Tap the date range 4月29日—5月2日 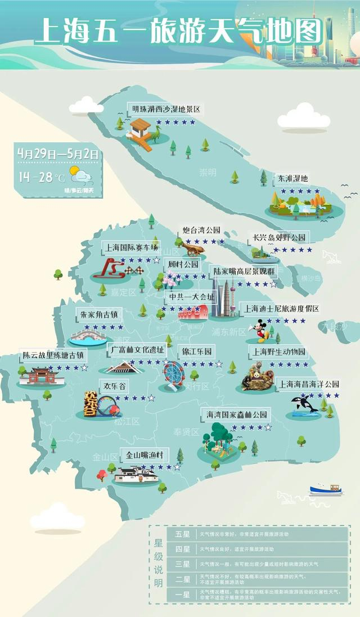(x=58, y=154)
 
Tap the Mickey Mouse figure (x=261, y=331)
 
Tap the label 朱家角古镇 (x=99, y=314)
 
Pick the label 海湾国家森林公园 (x=236, y=415)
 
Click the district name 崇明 (x=208, y=172)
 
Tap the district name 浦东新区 (x=228, y=332)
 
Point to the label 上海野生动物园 (x=278, y=352)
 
